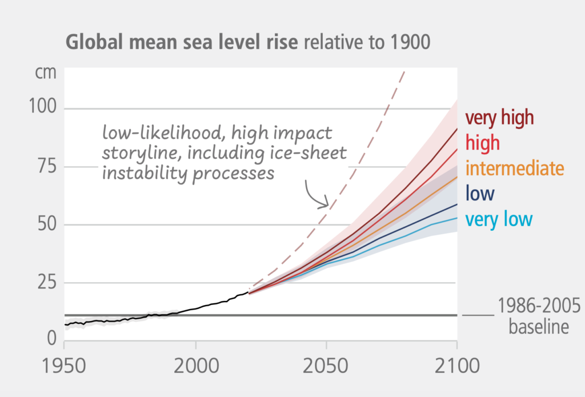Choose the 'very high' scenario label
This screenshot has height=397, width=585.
pyautogui.click(x=499, y=118)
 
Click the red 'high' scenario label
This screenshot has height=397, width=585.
pyautogui.click(x=483, y=143)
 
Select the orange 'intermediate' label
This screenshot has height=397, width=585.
pyautogui.click(x=515, y=168)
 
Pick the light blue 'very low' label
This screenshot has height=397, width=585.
pyautogui.click(x=499, y=219)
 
